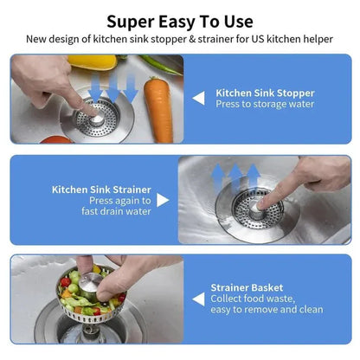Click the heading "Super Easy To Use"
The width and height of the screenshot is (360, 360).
tap(180, 21)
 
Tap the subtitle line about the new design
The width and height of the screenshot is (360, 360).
tap(180, 39)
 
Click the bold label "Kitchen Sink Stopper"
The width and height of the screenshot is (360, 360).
tap(265, 92)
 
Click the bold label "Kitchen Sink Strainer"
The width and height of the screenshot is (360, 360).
tap(101, 189)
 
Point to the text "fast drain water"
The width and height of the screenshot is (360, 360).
tap(117, 212)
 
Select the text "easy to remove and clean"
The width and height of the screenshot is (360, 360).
tap(267, 310)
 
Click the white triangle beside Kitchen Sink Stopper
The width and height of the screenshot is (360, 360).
tap(198, 98)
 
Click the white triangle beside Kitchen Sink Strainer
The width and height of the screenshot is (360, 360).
tap(163, 200)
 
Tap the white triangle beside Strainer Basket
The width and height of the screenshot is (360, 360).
tap(198, 299)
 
